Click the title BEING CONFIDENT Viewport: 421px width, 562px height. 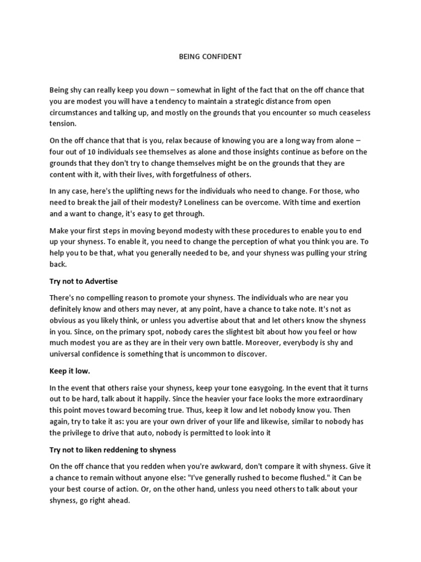pyautogui.click(x=210, y=57)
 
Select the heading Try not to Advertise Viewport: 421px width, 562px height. pyautogui.click(x=84, y=281)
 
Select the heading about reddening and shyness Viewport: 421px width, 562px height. pyautogui.click(x=112, y=449)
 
